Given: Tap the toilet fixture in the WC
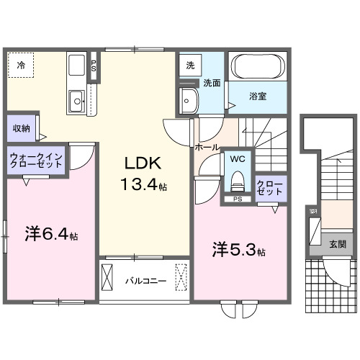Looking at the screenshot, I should pos(238,177).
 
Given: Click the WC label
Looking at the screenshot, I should pos(238,158).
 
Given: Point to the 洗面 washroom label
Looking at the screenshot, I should pos(212,83).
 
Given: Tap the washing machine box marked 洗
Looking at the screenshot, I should pos(190,65).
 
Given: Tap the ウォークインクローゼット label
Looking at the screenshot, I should pos(37,160).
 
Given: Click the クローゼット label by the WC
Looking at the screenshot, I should pos(271,189).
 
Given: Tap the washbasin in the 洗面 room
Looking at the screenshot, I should pos(189,102).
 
